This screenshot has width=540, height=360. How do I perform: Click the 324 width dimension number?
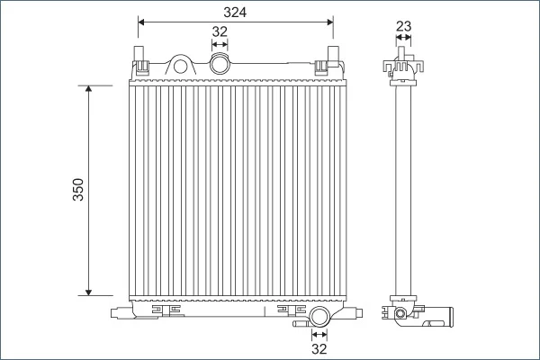235,13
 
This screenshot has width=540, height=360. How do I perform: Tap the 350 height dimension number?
78,190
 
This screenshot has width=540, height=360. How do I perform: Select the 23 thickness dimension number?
403,26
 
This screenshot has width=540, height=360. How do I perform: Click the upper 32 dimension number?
220,31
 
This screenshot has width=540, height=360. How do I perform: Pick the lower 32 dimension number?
319,349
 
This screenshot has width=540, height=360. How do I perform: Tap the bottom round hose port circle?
319,316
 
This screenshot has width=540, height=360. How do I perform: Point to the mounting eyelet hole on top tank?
180,66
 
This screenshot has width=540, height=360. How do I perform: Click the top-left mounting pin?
139,53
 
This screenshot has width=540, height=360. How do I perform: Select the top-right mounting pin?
333,53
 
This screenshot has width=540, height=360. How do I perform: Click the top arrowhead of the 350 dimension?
88,88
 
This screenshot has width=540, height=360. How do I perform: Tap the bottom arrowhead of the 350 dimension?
88,292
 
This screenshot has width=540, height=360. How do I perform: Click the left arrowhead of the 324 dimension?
141,22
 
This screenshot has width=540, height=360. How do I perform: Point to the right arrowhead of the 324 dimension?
330,22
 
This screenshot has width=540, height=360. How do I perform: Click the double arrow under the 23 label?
403,37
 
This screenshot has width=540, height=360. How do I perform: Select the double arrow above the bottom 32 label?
319,334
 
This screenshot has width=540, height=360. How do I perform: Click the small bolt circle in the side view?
400,313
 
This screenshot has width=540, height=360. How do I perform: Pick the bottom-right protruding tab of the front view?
358,313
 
